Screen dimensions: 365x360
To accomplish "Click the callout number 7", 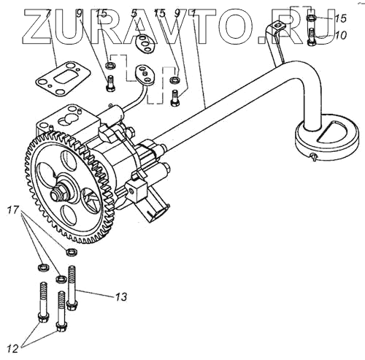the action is coord(48,14).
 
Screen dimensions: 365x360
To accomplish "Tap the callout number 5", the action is coord(134,14).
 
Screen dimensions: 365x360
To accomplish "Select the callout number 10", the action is coord(340,36).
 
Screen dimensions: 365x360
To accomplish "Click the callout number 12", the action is coord(13,349).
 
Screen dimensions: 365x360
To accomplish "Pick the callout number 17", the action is coord(13,210).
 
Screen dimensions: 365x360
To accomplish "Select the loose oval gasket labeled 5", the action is coord(145,44).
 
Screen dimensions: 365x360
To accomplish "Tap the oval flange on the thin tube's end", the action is coord(145,74).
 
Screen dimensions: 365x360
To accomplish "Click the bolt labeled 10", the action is coord(312,37).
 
